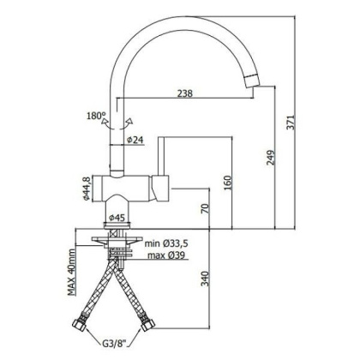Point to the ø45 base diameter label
tap(120, 218)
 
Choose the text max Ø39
tap(167, 255)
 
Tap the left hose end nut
tap(81, 327)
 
